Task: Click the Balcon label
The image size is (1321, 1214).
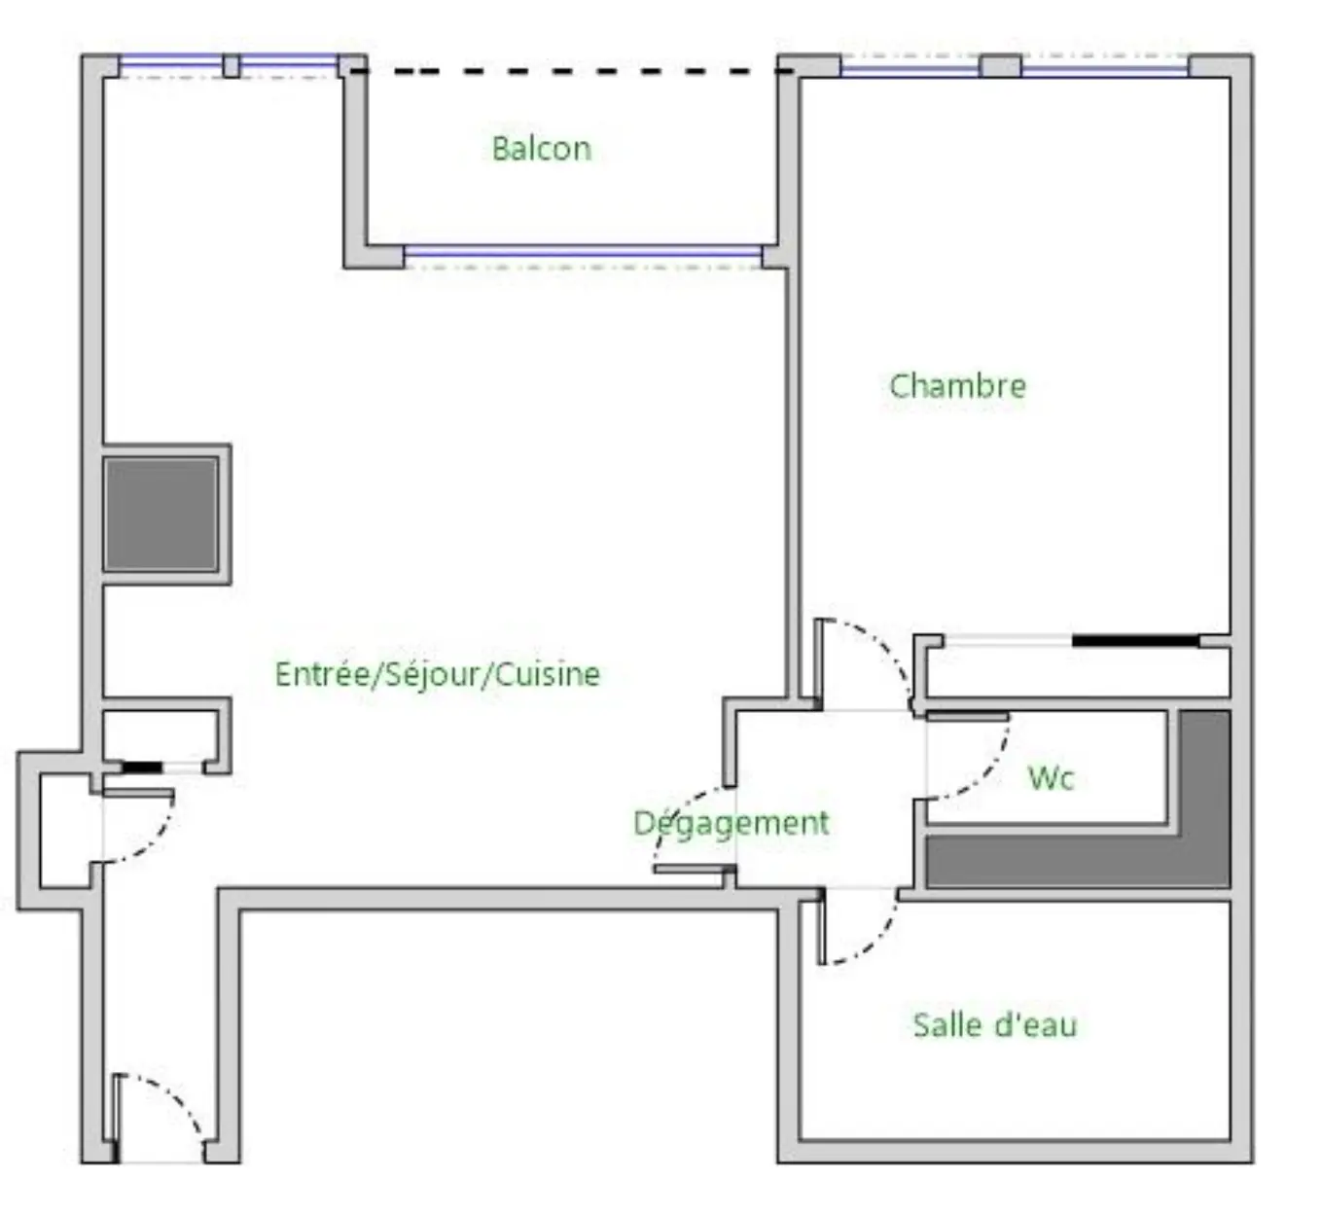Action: point(541,148)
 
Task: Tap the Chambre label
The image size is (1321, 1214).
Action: point(957,386)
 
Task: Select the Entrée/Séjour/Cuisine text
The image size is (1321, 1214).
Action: point(438,674)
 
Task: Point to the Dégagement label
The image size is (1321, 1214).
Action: point(731,823)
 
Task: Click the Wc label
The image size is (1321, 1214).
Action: point(1051,778)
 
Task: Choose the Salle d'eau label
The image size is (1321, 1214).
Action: point(995,1025)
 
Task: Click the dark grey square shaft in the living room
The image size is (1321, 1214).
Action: point(161,514)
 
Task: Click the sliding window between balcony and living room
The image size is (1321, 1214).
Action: point(582,251)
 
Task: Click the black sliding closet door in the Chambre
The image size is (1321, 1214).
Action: point(1135,640)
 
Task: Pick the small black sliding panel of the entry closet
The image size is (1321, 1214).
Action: point(142,768)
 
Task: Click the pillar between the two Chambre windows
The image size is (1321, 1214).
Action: point(1000,66)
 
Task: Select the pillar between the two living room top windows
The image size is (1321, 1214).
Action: point(232,66)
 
